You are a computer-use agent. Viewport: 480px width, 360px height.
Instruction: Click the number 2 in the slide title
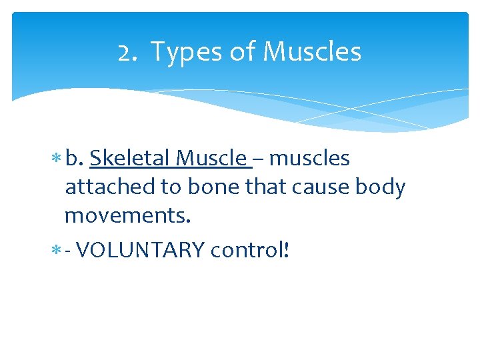[x=124, y=52]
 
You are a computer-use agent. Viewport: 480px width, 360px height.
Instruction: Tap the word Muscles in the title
[x=313, y=52]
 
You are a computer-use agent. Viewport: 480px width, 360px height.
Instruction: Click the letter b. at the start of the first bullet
[x=75, y=158]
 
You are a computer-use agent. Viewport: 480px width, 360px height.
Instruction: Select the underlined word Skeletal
[x=131, y=158]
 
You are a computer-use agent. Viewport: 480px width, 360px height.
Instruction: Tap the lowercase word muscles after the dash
[x=309, y=158]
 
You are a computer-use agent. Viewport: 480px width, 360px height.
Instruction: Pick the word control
[x=247, y=250]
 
